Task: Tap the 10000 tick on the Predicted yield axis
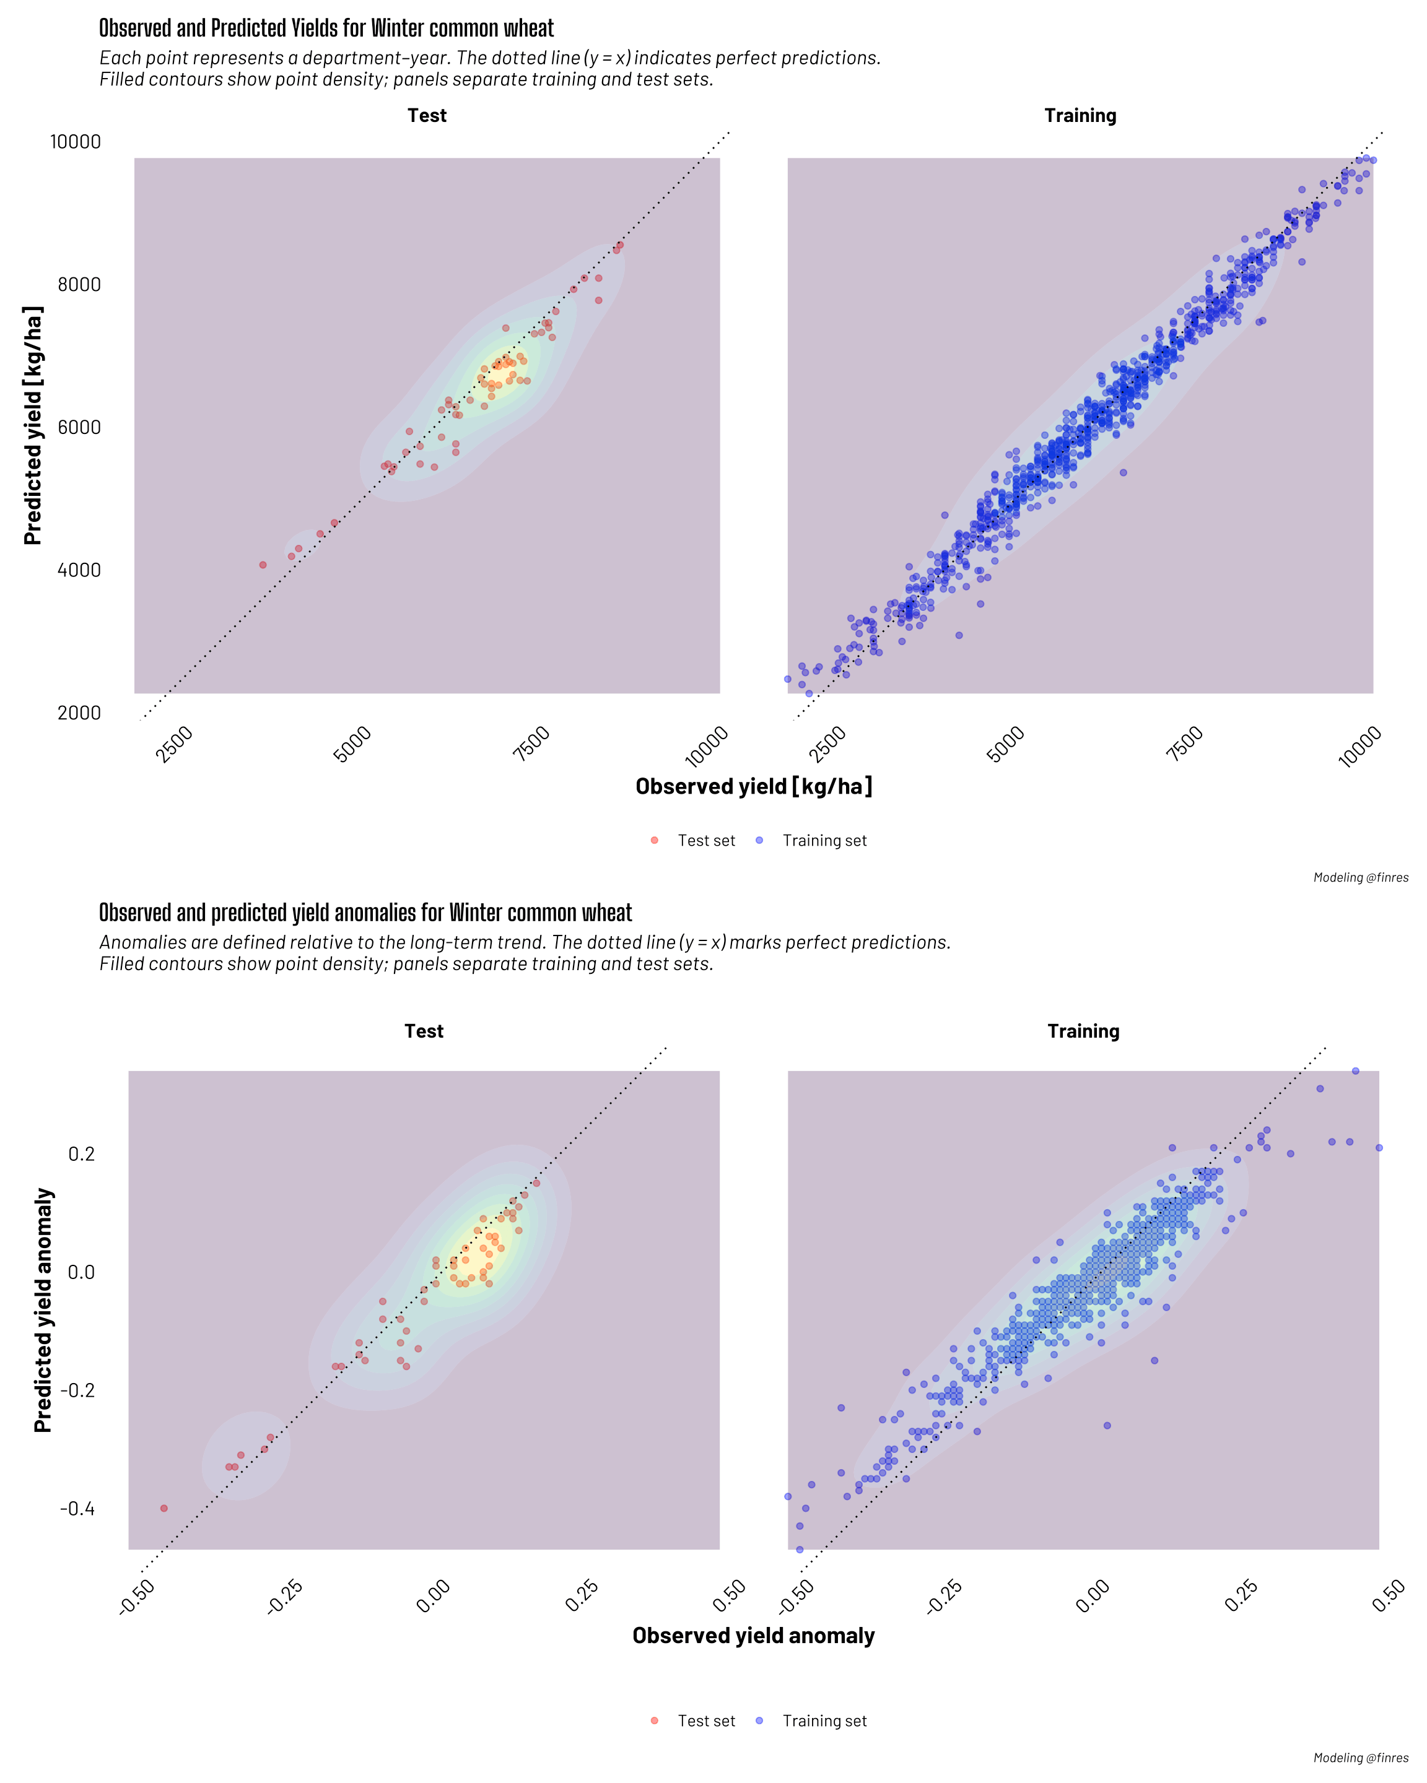pos(76,141)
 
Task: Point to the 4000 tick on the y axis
pos(79,570)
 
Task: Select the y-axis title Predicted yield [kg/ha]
pos(32,425)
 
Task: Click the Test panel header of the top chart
pos(427,116)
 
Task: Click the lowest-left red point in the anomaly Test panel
pos(164,1509)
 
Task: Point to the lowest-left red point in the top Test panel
pos(263,565)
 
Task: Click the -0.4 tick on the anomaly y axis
pos(77,1509)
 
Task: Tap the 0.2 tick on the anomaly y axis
pos(81,1153)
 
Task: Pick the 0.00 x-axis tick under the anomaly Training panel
pos(1092,1596)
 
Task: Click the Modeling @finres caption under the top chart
pos(1360,877)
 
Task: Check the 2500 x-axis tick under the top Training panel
pos(828,744)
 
